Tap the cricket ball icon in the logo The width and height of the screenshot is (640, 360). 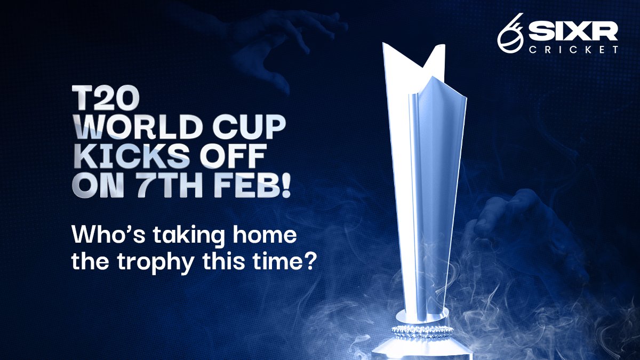(x=510, y=35)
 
